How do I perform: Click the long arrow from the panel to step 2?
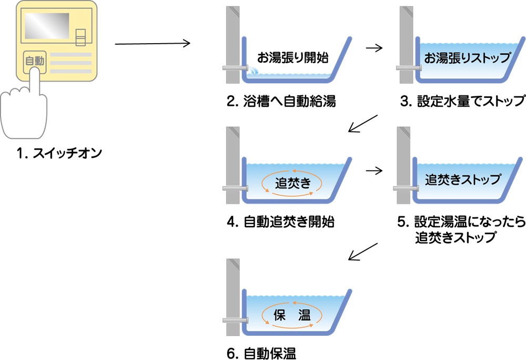coord(152,44)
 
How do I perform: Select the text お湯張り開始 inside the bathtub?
coord(289,56)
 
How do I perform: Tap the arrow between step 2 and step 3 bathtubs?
coord(374,47)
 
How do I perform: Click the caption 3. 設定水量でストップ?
coord(462,102)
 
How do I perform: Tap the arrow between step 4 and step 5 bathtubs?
coord(374,170)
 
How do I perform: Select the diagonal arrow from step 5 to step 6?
coord(363,251)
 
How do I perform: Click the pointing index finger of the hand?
coord(35,84)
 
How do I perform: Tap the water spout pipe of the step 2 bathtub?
coord(236,68)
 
